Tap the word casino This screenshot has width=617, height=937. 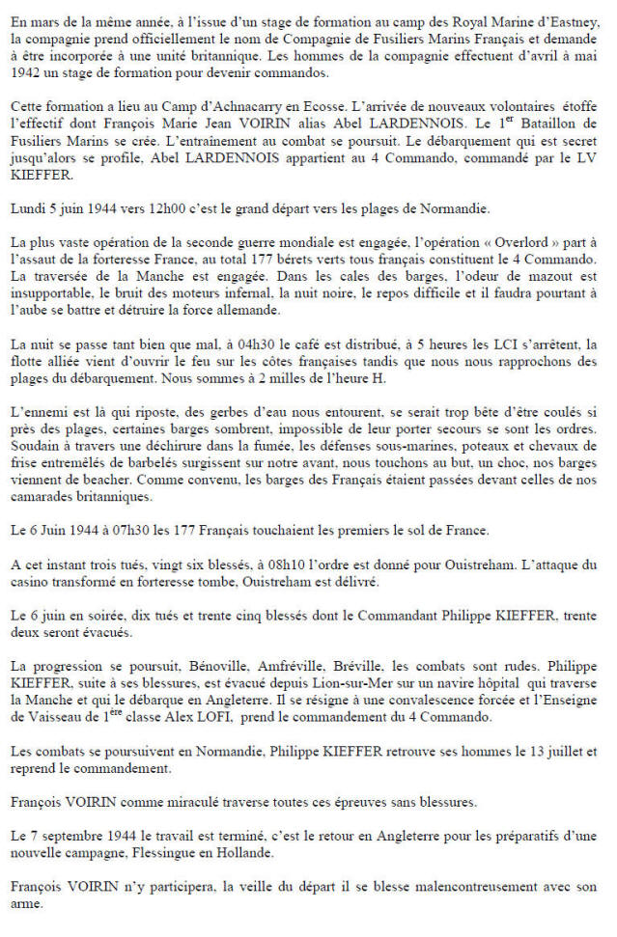coord(42,581)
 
